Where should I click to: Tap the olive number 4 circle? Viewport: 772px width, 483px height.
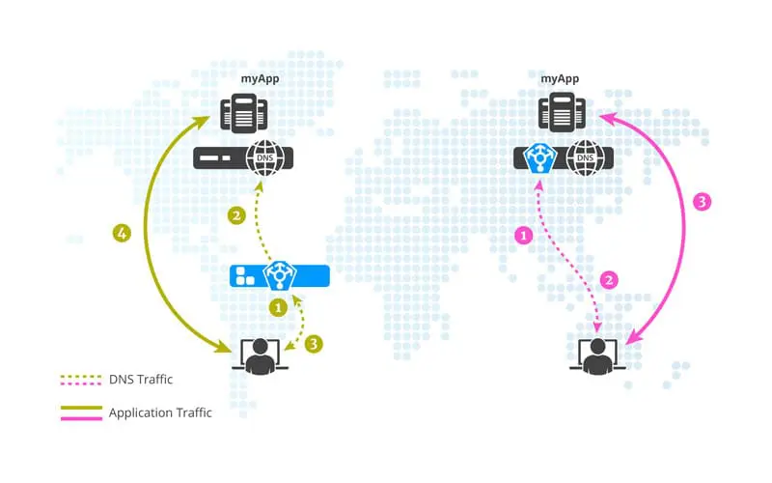coord(122,233)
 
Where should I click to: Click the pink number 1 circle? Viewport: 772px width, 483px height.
coord(525,235)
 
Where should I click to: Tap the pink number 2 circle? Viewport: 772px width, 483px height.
coord(609,281)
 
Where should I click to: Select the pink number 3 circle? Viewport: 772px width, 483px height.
coord(703,202)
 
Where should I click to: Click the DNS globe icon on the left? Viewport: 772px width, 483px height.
coord(264,157)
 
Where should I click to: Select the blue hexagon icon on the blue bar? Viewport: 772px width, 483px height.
coord(280,275)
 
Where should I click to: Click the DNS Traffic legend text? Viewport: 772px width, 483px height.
coord(147,379)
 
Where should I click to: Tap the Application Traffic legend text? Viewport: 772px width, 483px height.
coord(160,412)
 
